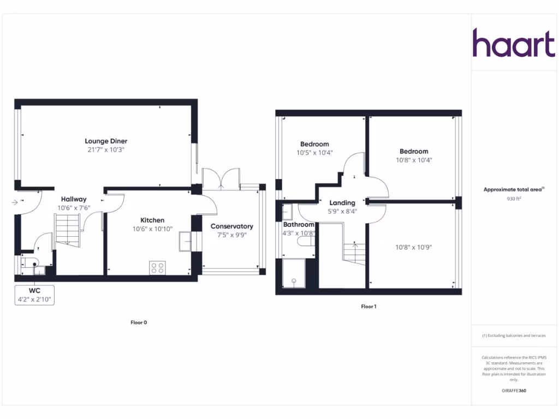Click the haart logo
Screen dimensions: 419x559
(x=513, y=43)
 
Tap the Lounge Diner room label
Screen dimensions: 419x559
(x=106, y=141)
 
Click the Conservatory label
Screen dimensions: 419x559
(x=232, y=226)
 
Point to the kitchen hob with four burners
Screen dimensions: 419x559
(x=157, y=268)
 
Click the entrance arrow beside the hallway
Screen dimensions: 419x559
(x=14, y=202)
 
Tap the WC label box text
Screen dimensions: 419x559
(x=35, y=291)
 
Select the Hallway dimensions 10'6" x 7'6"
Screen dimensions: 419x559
(x=74, y=208)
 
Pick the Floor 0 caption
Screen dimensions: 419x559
(x=139, y=322)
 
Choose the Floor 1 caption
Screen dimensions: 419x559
(x=368, y=307)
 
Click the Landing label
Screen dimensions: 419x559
(x=342, y=203)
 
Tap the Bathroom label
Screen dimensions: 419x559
(x=299, y=225)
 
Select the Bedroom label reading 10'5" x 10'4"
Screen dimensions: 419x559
(x=314, y=144)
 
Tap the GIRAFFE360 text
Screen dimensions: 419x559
(x=514, y=391)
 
